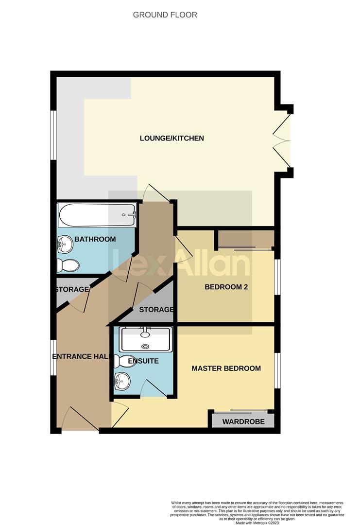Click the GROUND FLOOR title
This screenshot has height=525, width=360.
[165, 15]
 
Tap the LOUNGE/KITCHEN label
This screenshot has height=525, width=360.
[171, 138]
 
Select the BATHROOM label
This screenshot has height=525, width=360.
[95, 239]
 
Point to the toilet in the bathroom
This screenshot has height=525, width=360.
[68, 265]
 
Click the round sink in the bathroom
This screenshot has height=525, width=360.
[65, 242]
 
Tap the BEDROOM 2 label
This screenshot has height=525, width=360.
[226, 287]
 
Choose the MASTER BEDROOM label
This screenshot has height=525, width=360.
[226, 368]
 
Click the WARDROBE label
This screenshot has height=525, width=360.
[243, 421]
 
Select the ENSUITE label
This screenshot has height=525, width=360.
[143, 361]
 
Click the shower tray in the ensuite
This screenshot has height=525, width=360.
[145, 339]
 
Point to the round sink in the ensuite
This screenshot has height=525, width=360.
[122, 382]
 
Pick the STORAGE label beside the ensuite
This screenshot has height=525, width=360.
[156, 310]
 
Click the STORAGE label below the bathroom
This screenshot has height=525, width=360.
[72, 289]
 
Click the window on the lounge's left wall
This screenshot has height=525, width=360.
[54, 135]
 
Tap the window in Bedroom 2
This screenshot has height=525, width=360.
[277, 277]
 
